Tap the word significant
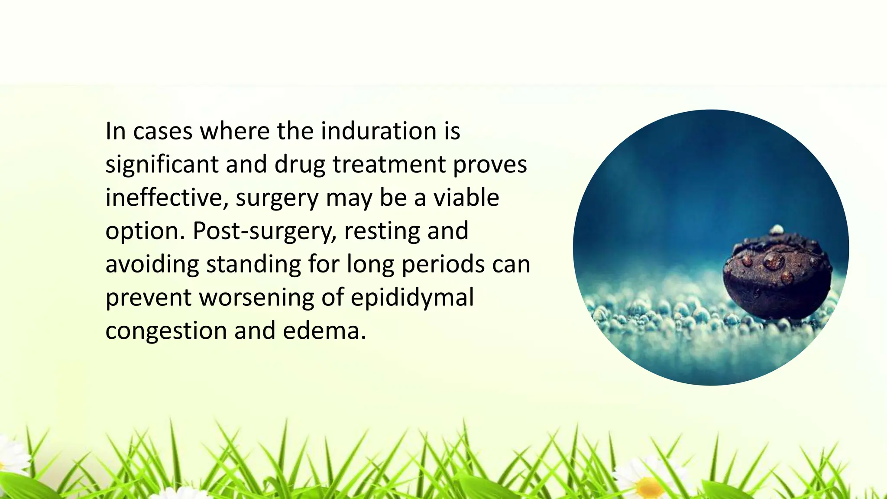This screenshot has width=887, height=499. (x=162, y=165)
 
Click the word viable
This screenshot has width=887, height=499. (x=466, y=198)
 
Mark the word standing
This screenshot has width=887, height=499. (x=253, y=264)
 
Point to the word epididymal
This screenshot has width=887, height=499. (x=412, y=298)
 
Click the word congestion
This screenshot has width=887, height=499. (x=166, y=331)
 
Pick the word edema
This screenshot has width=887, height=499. (x=324, y=331)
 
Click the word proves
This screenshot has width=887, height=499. (x=490, y=165)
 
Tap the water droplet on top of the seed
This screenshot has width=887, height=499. (x=774, y=261)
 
